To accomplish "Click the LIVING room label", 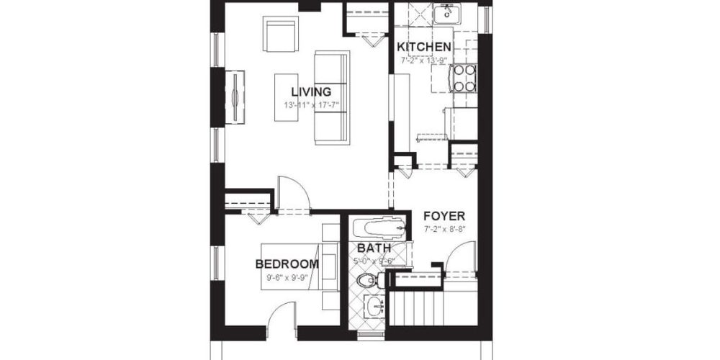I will click(x=311, y=91).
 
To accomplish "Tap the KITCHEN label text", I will click(x=425, y=48).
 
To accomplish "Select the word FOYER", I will click(x=444, y=216).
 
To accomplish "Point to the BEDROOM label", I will click(x=287, y=264).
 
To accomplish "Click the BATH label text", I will click(x=374, y=248).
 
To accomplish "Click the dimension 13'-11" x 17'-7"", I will click(x=311, y=105).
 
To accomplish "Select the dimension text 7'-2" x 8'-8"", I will click(x=445, y=230).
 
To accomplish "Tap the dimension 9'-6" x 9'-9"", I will click(x=287, y=277).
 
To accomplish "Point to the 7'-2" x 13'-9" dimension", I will click(x=425, y=60).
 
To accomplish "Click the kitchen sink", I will click(x=447, y=12).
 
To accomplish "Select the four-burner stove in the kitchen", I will click(x=464, y=78).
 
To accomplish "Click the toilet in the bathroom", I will click(x=368, y=279).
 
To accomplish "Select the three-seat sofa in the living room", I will click(x=332, y=97).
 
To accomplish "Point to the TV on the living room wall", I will click(x=235, y=94).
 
